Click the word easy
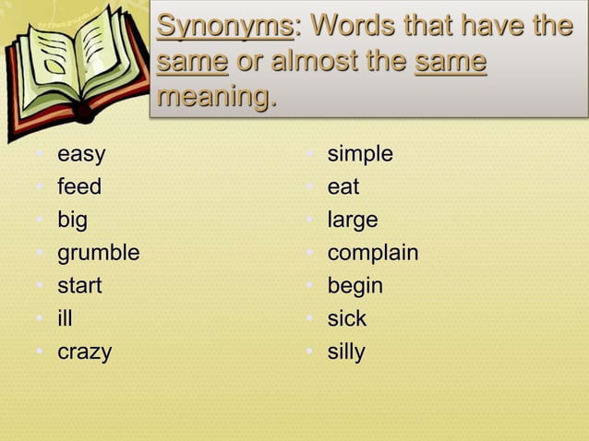tap(81, 154)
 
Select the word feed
tap(79, 187)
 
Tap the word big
tap(73, 221)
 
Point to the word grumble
tap(99, 253)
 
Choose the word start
tap(79, 286)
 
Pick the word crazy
tap(85, 352)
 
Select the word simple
tap(360, 154)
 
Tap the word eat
tap(343, 187)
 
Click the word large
tap(352, 221)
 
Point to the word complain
tap(373, 253)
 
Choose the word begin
tap(355, 286)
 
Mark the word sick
tap(346, 319)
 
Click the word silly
tap(346, 352)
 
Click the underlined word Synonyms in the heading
tap(224, 28)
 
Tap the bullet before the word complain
tap(312, 254)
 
